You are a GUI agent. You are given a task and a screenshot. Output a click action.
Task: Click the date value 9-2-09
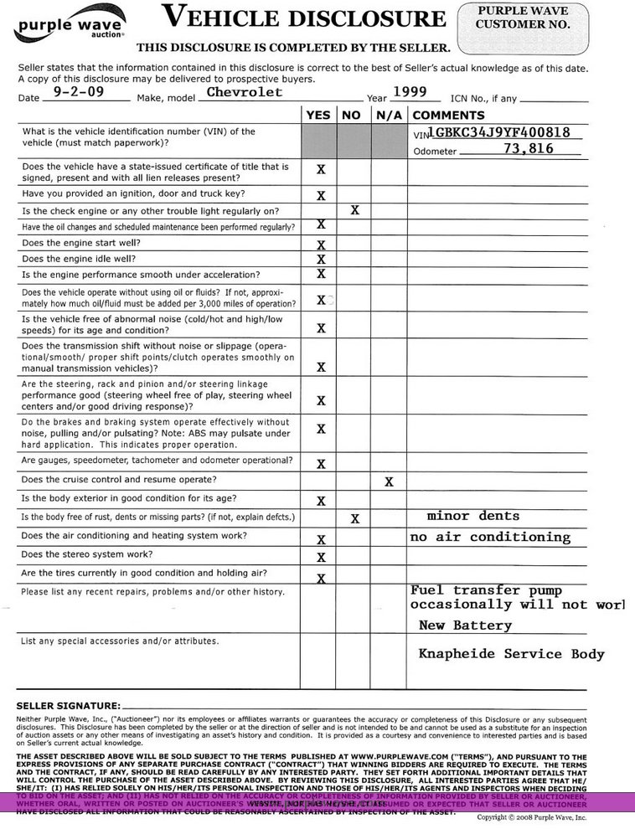click(x=78, y=92)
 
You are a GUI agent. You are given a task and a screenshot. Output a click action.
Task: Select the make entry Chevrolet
click(x=245, y=92)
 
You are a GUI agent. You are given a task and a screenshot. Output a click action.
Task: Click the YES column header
click(x=318, y=115)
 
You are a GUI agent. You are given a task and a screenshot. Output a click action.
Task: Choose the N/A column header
click(x=390, y=115)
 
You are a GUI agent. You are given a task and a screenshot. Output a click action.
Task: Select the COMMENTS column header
click(x=448, y=115)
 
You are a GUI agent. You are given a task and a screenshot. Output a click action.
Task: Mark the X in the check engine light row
click(x=355, y=210)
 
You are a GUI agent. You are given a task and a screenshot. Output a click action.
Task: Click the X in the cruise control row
click(x=389, y=481)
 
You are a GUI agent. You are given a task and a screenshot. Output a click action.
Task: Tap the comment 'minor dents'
click(x=473, y=516)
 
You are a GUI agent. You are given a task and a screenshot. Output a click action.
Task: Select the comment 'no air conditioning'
click(x=489, y=537)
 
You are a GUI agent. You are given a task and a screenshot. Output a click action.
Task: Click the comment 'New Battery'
click(x=465, y=626)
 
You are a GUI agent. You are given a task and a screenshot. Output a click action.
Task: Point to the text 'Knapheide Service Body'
click(x=511, y=654)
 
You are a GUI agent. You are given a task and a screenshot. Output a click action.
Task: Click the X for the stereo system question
click(x=321, y=558)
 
